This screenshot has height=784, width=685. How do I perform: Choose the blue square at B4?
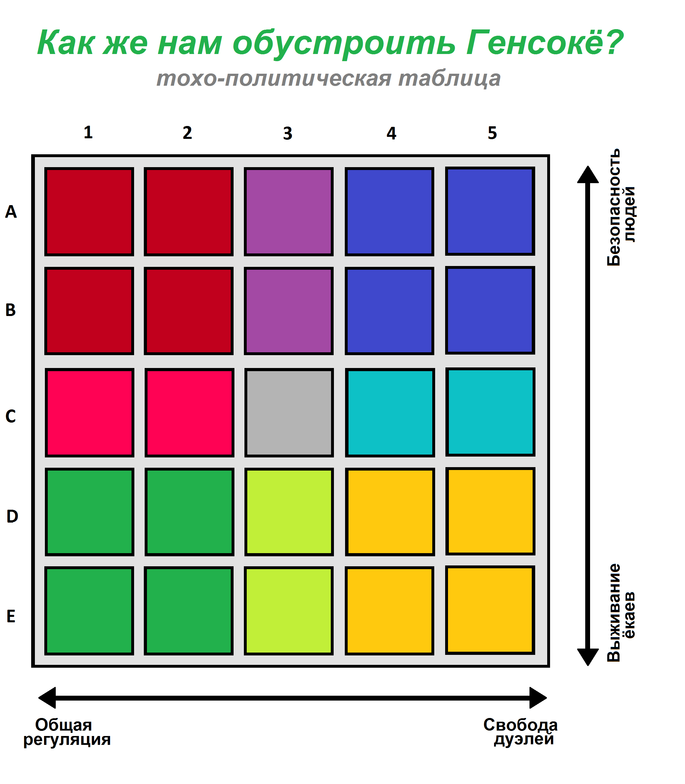point(389,311)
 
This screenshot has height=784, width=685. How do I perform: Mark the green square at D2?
point(189,512)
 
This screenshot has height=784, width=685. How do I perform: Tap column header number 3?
point(288,133)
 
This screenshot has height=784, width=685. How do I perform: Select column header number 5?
point(492,133)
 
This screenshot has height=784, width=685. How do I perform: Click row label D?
point(12,516)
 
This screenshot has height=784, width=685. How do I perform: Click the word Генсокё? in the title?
point(544,42)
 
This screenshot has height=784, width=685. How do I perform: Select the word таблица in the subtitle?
point(449,78)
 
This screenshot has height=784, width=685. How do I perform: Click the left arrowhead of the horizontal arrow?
point(47,698)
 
